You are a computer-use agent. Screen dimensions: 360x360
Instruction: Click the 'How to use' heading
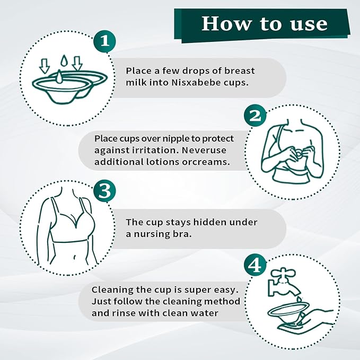[265, 23]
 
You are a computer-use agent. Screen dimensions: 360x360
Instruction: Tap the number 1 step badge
[104, 41]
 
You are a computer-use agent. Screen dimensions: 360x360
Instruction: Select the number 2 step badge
[255, 116]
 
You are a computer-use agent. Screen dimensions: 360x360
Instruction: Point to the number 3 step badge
[104, 191]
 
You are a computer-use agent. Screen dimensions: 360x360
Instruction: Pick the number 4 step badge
[255, 266]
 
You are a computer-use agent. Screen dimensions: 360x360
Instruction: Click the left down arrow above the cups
[44, 66]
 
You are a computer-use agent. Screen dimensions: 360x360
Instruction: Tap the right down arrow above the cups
[77, 64]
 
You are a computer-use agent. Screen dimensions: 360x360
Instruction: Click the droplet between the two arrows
[64, 60]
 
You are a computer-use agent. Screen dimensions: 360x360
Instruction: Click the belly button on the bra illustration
[75, 257]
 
